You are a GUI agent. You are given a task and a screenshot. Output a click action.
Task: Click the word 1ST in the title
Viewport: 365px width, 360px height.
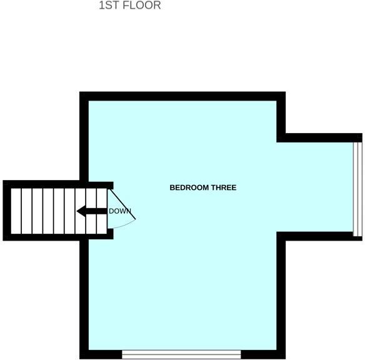107,6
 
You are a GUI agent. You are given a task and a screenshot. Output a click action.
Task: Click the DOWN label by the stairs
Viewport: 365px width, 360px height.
120,211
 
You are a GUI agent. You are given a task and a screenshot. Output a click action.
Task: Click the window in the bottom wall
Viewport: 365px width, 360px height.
181,354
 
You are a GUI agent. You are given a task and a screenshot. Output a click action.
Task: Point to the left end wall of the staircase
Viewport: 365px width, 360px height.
7,211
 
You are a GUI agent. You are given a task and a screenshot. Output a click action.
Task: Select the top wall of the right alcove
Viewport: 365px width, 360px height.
319,137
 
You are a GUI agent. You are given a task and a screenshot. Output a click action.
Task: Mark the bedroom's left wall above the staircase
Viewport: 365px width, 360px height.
84,137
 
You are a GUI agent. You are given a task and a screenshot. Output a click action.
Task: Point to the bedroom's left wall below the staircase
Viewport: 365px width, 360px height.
84,294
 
